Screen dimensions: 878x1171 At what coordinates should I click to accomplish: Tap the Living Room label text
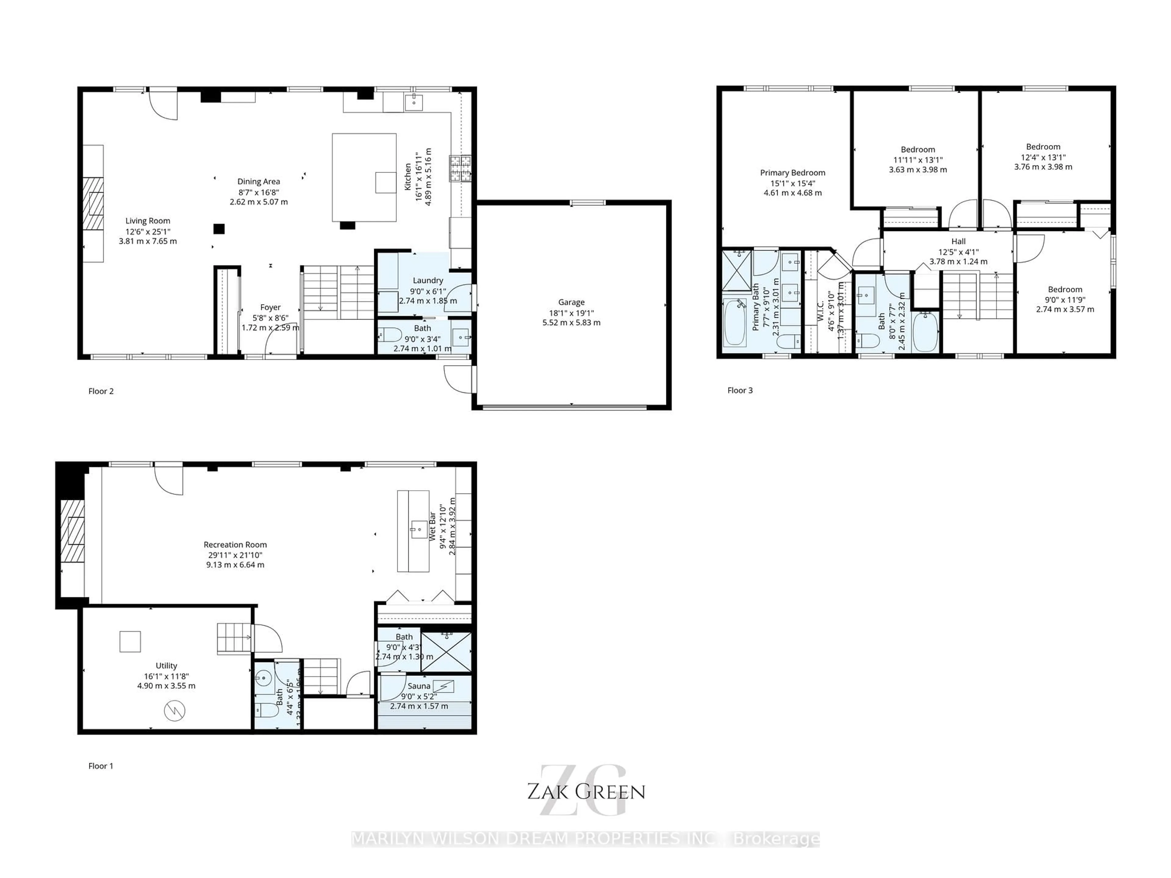pos(148,221)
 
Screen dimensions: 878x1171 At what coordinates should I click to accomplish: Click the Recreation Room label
pos(235,544)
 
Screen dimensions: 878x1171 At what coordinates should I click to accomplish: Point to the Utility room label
pos(166,666)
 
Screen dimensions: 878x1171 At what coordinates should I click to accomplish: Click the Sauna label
pos(419,686)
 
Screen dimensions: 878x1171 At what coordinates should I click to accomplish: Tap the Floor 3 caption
pos(739,391)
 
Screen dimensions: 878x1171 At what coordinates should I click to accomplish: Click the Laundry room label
pos(428,280)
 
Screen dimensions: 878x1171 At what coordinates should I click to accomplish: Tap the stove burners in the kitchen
pos(460,168)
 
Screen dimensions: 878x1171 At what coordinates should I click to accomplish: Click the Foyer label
pos(270,308)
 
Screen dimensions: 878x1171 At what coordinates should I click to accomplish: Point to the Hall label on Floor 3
pos(958,241)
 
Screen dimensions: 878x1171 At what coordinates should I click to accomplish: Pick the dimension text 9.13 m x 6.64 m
pos(235,565)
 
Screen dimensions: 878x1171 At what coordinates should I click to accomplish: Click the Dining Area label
pos(258,181)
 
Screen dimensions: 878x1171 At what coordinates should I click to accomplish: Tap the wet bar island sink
pos(419,529)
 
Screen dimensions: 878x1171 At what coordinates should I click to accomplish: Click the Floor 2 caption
pos(101,391)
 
